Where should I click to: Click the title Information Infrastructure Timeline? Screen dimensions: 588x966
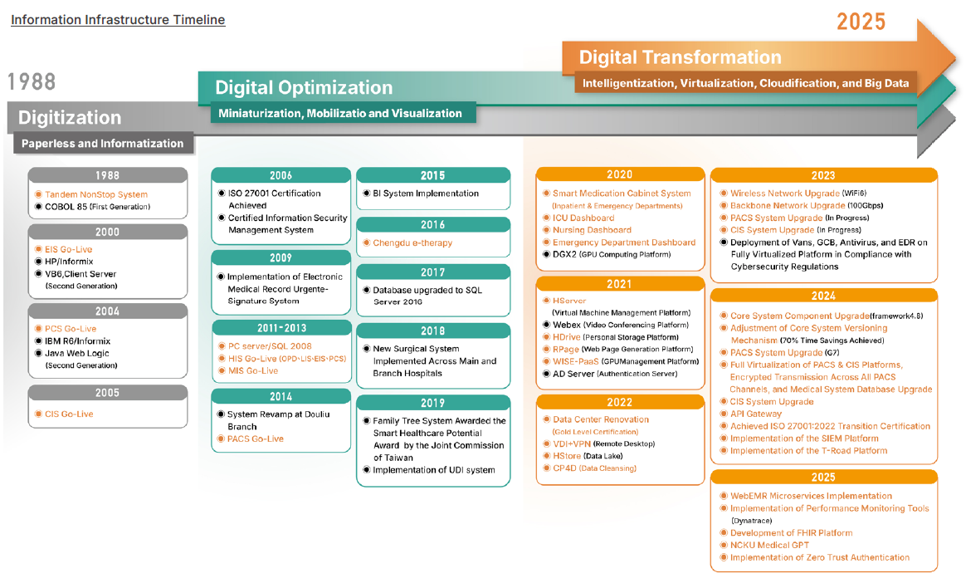(117, 20)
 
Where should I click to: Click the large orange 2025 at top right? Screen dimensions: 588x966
(861, 22)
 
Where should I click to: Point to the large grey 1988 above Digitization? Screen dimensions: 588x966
(32, 81)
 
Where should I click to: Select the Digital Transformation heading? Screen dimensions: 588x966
(680, 57)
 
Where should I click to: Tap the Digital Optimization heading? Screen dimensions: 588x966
(304, 87)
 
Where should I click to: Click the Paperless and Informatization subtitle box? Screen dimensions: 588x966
(103, 144)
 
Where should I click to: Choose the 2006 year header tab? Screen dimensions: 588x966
(281, 175)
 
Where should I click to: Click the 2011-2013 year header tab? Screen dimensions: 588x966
(281, 328)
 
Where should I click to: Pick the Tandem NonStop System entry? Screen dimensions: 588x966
(96, 194)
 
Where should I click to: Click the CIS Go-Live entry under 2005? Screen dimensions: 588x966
(69, 414)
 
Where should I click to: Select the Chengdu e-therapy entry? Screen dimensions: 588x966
(412, 243)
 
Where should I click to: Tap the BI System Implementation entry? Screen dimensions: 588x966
(426, 194)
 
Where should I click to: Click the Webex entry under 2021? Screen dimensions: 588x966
(568, 325)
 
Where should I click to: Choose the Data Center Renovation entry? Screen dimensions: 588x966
(601, 419)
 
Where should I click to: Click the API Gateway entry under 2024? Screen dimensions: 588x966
(756, 414)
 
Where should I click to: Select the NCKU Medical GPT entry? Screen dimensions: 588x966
(769, 545)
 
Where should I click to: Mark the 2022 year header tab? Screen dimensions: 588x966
(619, 403)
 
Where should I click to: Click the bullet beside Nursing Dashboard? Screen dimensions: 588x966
(546, 230)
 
